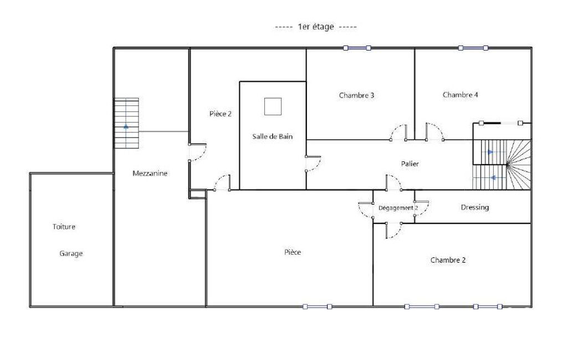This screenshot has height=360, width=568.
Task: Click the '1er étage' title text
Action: [x=315, y=27]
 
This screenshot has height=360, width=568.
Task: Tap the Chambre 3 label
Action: [x=356, y=95]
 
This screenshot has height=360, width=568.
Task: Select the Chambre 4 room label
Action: [x=460, y=95]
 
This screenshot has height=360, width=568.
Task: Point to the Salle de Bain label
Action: [x=273, y=137]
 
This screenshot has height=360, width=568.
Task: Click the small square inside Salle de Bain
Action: [x=273, y=106]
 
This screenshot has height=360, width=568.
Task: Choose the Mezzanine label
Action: [x=150, y=173]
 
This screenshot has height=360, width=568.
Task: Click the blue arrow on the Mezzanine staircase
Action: [x=126, y=126]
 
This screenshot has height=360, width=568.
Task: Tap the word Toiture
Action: [x=64, y=227]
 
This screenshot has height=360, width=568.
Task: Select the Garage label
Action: [x=71, y=254]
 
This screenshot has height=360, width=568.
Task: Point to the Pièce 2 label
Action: [x=220, y=114]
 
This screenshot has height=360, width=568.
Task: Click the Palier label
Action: [x=410, y=164]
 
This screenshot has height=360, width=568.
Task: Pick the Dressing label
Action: [x=475, y=207]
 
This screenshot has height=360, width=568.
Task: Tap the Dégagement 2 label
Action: [x=398, y=208]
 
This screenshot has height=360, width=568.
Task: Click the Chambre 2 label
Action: [x=448, y=260]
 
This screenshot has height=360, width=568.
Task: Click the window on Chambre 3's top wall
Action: [x=357, y=48]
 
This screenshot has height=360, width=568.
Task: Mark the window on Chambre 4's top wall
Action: [x=473, y=48]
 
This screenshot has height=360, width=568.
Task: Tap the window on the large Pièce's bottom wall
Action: [x=318, y=307]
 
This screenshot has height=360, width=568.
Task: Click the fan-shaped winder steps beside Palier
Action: [x=519, y=165]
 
